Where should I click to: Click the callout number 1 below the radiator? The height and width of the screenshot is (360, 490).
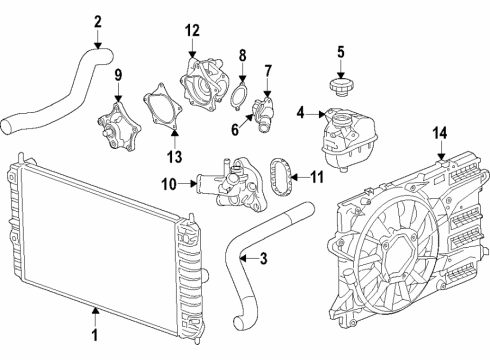click(x=96, y=338)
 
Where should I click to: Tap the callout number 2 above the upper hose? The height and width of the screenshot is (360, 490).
click(x=98, y=22)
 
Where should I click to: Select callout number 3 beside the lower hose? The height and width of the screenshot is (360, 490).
click(x=263, y=260)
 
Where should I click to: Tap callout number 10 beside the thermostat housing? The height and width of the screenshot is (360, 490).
click(x=170, y=183)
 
